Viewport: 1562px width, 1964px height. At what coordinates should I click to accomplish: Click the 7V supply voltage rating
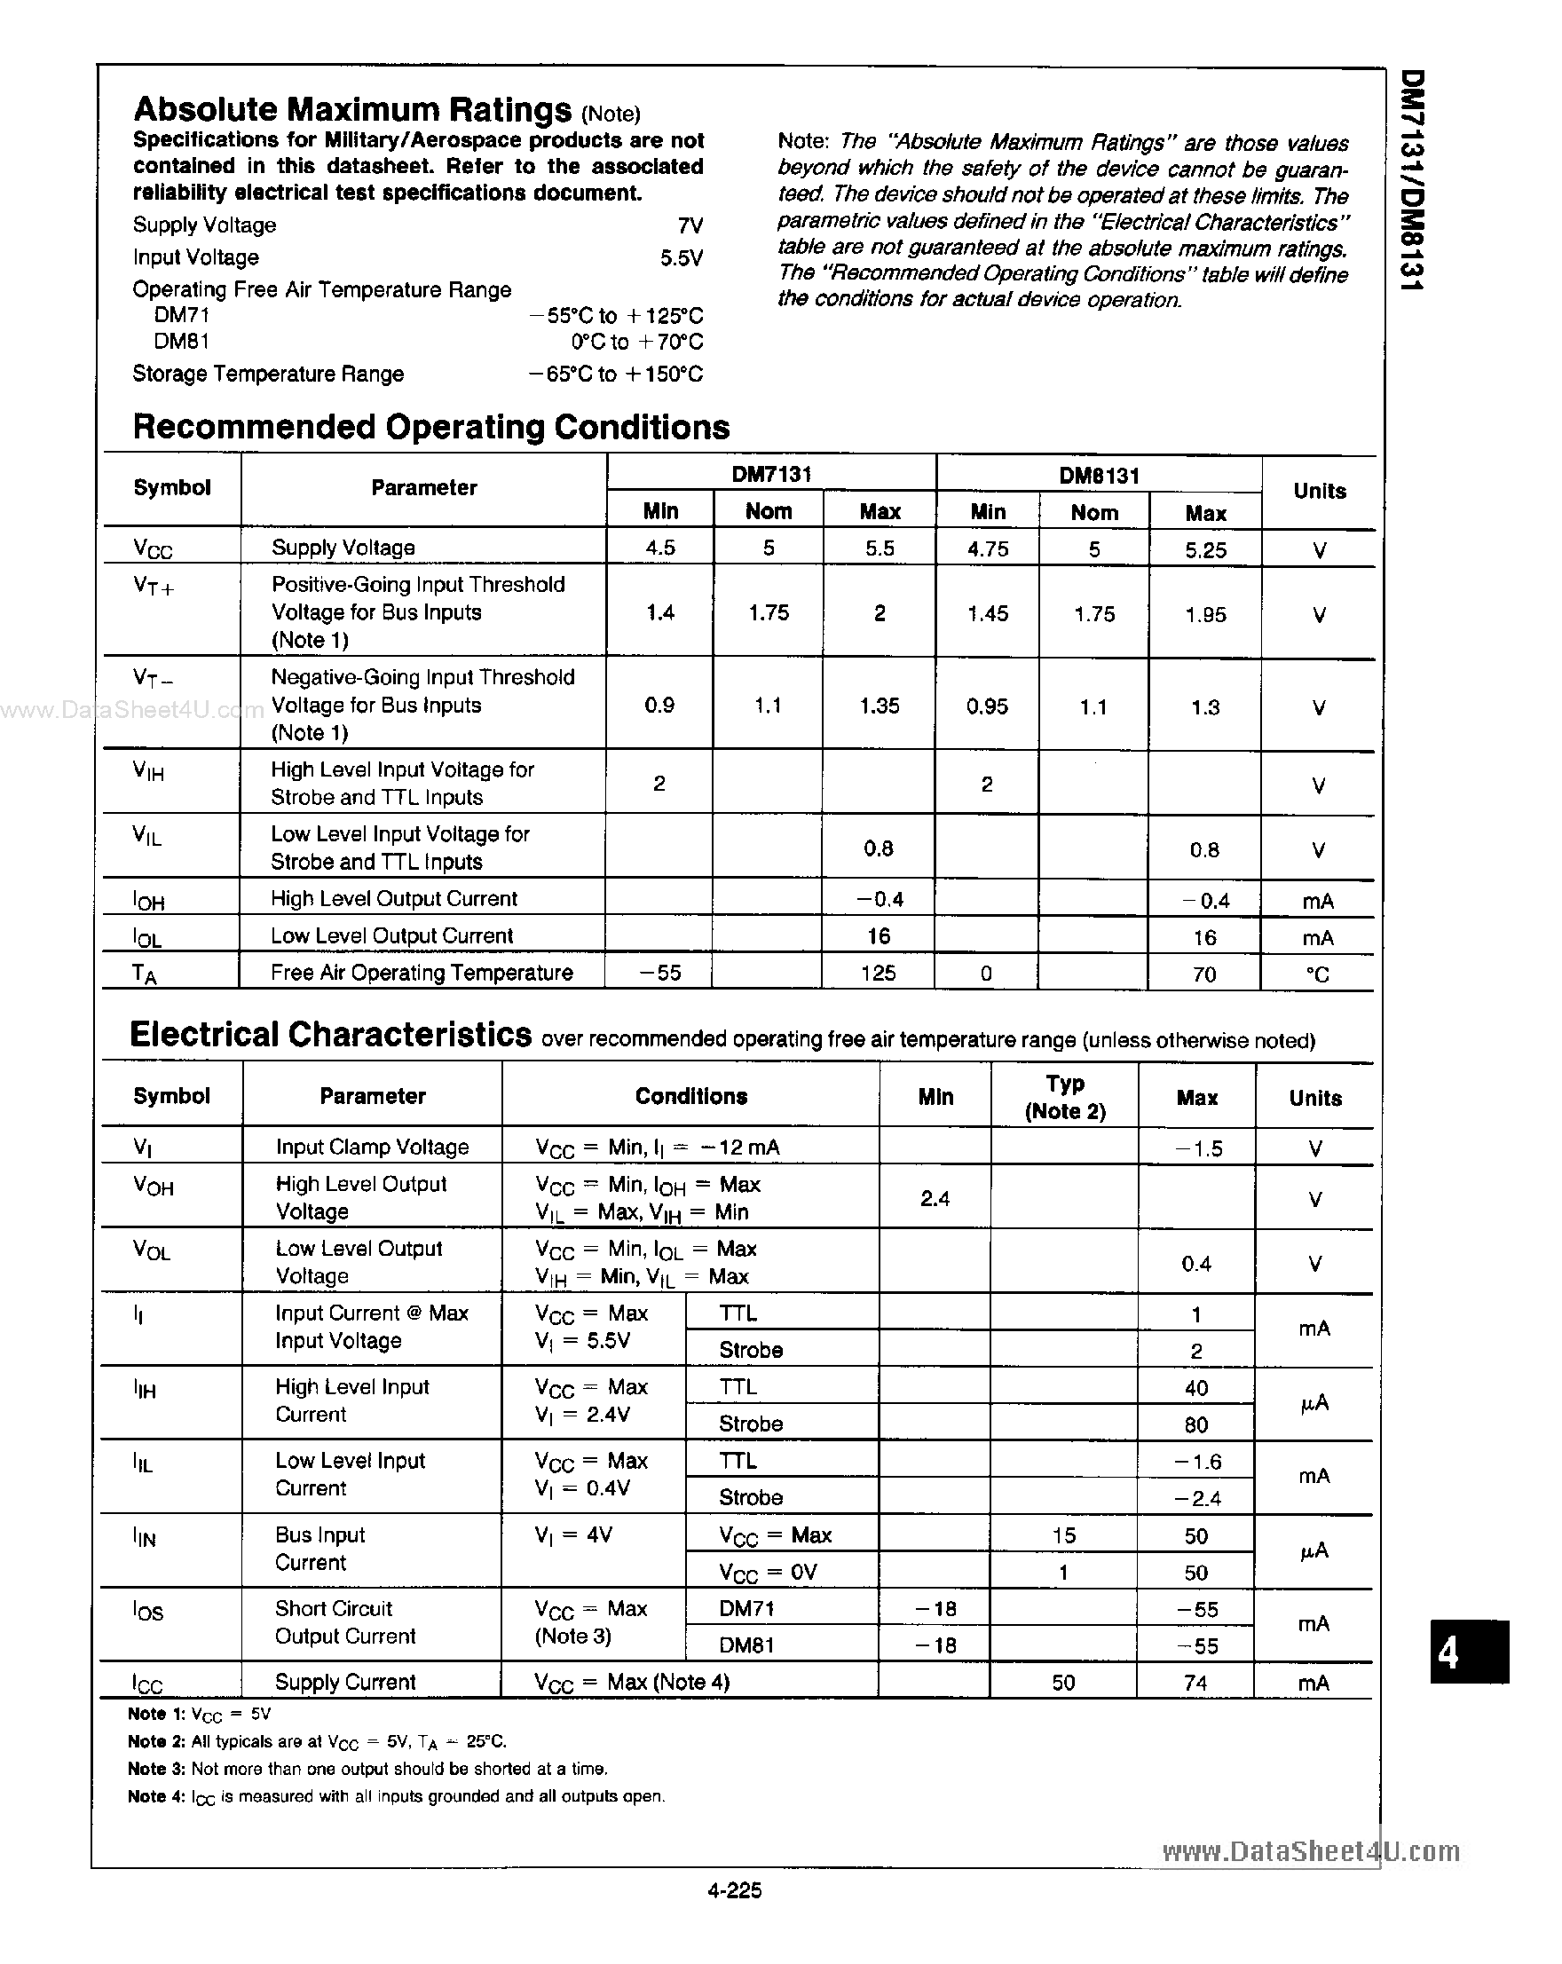(690, 225)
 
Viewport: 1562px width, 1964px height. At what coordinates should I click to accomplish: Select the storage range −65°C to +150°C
(616, 375)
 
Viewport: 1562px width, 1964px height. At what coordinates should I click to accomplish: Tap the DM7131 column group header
(770, 474)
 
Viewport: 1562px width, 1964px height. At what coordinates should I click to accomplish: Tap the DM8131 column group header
(1099, 475)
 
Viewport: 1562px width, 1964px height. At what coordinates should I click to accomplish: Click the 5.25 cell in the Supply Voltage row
(1205, 550)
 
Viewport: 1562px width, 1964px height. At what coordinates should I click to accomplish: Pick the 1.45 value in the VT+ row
(987, 614)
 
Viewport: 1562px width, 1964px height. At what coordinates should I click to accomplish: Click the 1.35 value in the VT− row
(879, 706)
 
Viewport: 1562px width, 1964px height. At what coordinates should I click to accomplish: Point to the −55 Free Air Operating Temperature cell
(659, 973)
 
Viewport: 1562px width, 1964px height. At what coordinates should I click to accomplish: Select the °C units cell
(1317, 974)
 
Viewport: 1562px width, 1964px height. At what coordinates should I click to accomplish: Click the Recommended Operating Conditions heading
(430, 426)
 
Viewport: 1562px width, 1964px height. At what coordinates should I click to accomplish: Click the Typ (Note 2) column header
(1064, 1097)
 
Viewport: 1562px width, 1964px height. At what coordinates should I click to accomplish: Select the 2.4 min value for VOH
(935, 1199)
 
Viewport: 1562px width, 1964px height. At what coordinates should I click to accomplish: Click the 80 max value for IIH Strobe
(1195, 1424)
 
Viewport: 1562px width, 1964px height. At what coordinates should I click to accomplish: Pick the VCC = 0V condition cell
(768, 1573)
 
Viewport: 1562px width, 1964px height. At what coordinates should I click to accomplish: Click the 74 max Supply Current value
(1195, 1683)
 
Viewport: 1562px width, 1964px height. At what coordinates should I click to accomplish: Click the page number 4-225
(734, 1889)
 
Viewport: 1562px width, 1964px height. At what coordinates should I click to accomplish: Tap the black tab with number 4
(1468, 1651)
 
